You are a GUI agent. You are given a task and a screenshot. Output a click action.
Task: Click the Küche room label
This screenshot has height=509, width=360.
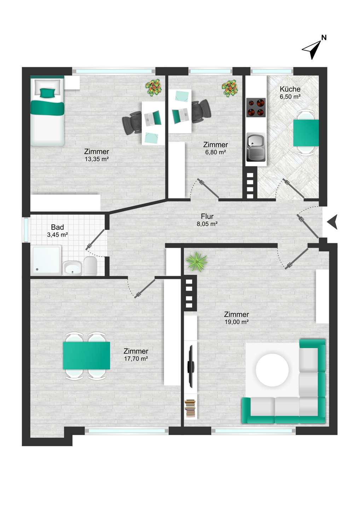290,89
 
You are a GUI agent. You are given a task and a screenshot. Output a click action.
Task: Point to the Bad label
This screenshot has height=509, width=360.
58,227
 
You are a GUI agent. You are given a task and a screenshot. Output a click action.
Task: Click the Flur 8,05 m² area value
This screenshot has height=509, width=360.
207,224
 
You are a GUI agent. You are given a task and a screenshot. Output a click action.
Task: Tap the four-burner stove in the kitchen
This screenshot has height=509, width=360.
256,107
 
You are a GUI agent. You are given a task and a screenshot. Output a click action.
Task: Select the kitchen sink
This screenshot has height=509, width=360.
256,147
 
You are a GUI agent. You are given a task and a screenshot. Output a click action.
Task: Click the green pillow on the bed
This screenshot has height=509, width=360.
48,93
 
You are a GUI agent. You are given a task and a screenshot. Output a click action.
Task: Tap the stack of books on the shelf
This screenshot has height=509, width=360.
190,408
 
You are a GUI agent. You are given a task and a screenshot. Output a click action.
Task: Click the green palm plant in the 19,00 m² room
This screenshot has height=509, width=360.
197,262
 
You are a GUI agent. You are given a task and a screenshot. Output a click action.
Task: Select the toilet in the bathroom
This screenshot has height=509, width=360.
91,266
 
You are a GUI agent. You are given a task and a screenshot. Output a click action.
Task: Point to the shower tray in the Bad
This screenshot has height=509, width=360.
47,261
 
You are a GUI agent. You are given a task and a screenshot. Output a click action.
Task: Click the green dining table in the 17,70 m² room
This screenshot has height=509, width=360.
86,356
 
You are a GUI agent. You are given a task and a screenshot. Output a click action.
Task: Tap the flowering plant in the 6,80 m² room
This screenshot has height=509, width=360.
230,88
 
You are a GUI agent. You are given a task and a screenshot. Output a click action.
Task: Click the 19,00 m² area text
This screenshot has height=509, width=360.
236,322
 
